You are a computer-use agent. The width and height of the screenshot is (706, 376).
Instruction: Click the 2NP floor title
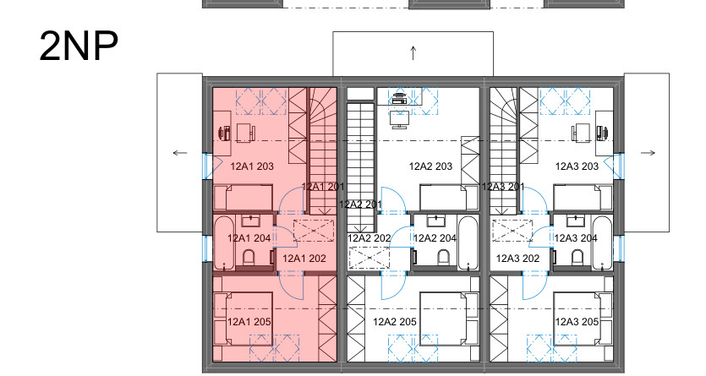point(79,46)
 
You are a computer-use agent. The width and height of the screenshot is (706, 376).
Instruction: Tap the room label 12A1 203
point(252,166)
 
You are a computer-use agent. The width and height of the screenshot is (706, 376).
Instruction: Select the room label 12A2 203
point(430,166)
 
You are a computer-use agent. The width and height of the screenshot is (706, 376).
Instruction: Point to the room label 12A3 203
point(577,166)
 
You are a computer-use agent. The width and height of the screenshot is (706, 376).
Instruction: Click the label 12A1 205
point(249,322)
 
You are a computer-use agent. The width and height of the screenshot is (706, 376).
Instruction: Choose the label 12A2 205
point(394,322)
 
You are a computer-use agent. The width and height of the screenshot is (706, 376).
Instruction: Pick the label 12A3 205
point(577,322)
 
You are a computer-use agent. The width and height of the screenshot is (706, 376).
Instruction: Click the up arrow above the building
point(413,53)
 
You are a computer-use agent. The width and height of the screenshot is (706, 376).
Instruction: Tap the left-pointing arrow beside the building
point(179,153)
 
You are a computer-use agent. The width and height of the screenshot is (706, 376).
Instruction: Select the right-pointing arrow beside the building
point(648,153)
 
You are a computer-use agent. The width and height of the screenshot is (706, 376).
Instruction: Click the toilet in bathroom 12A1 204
point(249,259)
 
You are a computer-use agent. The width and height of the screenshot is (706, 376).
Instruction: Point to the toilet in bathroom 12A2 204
point(444,259)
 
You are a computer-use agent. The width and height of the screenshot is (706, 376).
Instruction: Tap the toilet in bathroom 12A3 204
point(577,259)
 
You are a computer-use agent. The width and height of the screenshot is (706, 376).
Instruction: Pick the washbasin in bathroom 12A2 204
point(435,221)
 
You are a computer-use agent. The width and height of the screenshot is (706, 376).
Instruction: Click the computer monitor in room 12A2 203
point(400,119)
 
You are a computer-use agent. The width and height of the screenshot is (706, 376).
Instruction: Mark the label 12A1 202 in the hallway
point(304,259)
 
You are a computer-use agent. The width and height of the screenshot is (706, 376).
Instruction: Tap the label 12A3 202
point(517,259)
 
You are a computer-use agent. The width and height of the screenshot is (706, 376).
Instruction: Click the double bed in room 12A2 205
point(448,319)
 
